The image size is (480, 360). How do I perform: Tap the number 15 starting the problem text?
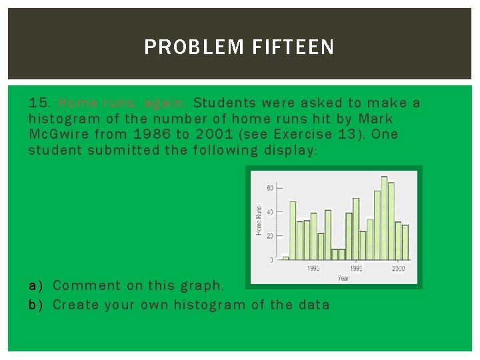[39, 103]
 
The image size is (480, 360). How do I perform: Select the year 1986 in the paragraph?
[152, 134]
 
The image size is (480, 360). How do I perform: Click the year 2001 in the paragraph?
[212, 134]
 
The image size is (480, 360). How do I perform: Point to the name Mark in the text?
[377, 119]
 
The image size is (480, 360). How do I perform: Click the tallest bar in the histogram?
[384, 218]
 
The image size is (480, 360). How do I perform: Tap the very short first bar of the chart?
[285, 257]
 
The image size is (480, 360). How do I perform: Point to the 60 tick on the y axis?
[270, 188]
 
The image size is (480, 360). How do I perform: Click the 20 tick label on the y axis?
[270, 236]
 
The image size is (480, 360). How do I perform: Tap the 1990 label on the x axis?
[314, 268]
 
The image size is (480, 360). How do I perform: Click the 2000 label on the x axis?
[398, 268]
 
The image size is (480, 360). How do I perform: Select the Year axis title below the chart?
[343, 277]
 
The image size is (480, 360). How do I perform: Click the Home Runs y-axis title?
[259, 220]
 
